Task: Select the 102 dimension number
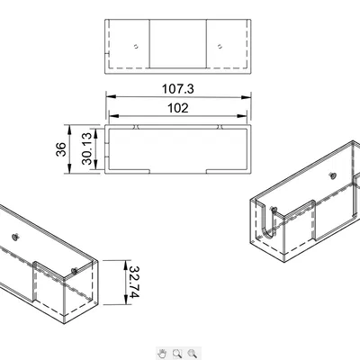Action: [x=178, y=109]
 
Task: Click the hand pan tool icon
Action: [x=162, y=354]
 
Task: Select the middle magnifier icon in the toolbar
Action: [x=177, y=354]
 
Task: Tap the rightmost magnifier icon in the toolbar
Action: [x=193, y=354]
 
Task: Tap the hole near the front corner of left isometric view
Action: [x=73, y=268]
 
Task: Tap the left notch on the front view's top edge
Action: [x=134, y=127]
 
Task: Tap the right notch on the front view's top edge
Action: [x=220, y=127]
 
